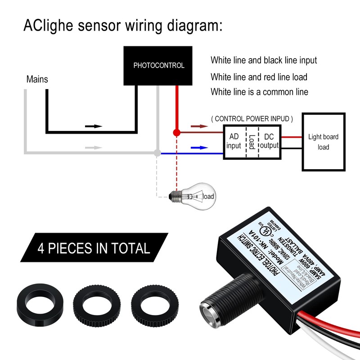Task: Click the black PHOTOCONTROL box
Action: [x=158, y=66]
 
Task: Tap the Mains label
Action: [x=37, y=80]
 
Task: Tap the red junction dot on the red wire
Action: [x=177, y=133]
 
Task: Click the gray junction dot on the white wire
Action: [x=157, y=153]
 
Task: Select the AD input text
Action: [x=234, y=141]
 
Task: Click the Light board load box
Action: [x=323, y=142]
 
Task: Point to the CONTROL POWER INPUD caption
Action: [x=252, y=119]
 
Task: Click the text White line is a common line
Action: [x=259, y=92]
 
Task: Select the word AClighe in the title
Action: [x=48, y=25]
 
